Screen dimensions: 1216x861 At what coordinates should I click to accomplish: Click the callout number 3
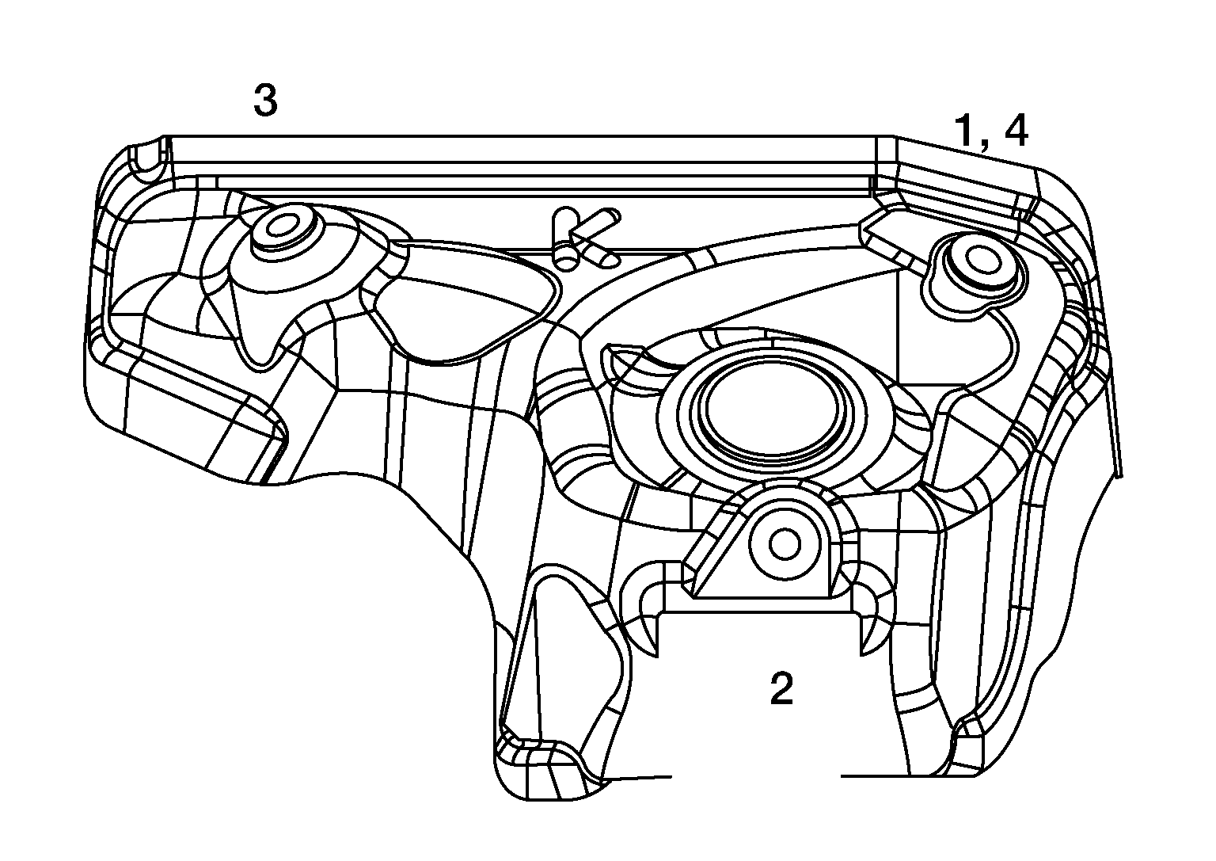pyautogui.click(x=265, y=101)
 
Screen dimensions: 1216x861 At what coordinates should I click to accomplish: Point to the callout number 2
pyautogui.click(x=781, y=689)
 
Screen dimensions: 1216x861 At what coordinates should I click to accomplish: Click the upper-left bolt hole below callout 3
pyautogui.click(x=281, y=227)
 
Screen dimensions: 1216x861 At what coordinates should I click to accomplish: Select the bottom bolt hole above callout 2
pyautogui.click(x=785, y=545)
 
